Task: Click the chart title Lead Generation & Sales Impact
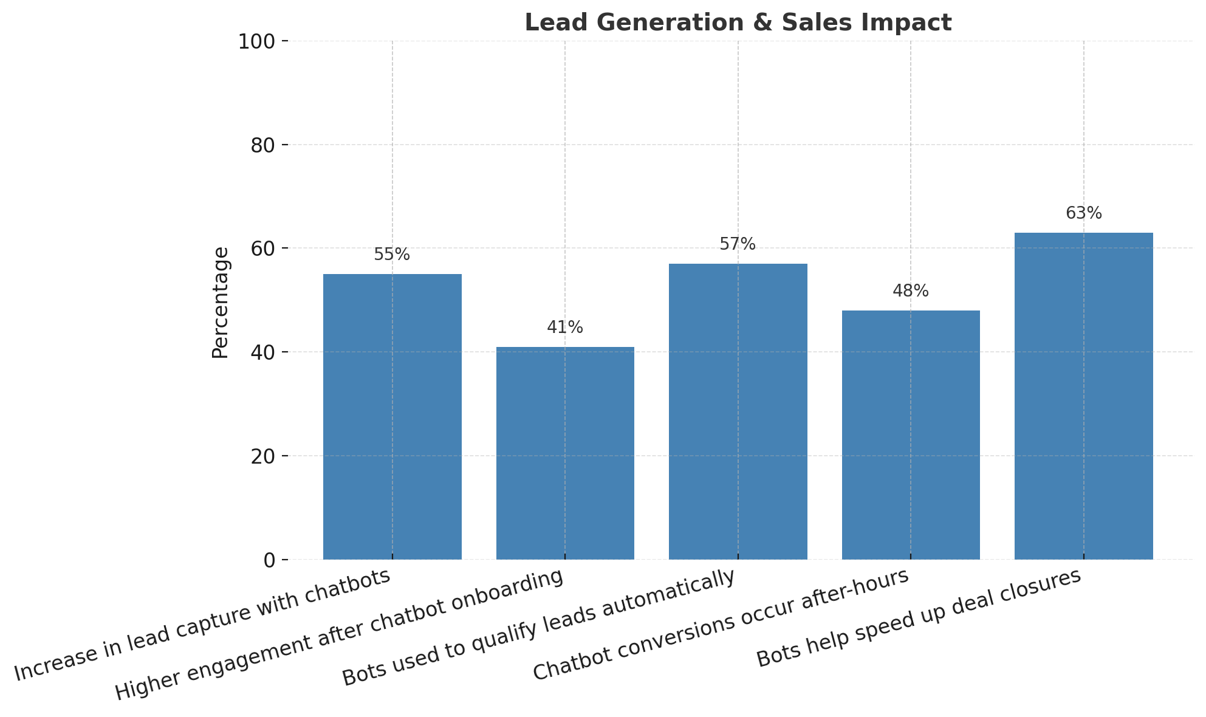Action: pos(738,23)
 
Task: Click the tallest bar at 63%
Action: pos(1083,396)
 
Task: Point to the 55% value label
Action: pos(392,255)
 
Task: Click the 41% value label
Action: pos(565,328)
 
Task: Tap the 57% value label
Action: pos(738,244)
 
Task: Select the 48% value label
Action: pos(910,291)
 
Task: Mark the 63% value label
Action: pos(1083,213)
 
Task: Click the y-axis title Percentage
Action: pos(221,302)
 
